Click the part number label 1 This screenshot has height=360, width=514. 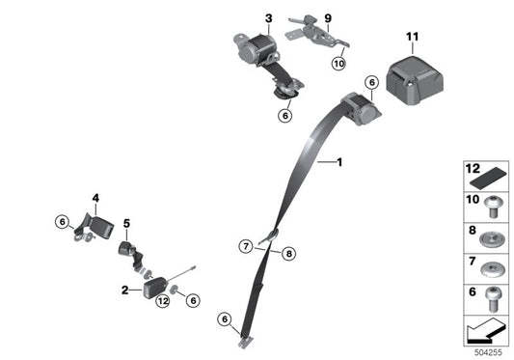click(338, 163)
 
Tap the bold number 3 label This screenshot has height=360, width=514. click(268, 18)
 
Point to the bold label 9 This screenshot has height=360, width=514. click(328, 18)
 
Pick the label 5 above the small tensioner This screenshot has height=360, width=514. click(126, 224)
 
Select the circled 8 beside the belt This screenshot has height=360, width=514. click(287, 253)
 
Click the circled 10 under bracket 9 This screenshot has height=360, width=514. click(338, 64)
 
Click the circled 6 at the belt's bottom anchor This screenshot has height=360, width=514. click(226, 319)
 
